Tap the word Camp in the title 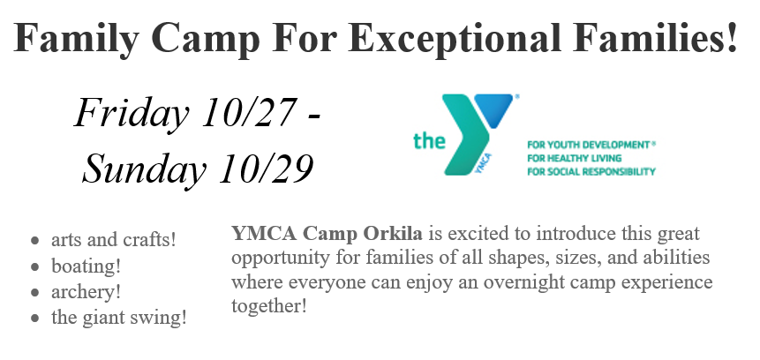[206, 39]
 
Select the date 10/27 [249, 111]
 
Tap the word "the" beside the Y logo [430, 140]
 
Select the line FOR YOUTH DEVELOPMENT [591, 145]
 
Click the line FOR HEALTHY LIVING [575, 158]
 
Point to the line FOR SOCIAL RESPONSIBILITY [591, 171]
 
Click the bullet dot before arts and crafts [34, 240]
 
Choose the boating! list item [86, 266]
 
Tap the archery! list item [86, 292]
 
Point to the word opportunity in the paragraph [281, 259]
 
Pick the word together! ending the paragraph [269, 307]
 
